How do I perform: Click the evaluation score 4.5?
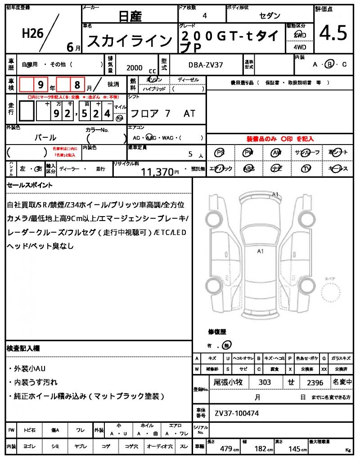coord(333,33)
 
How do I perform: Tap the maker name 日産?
coord(130,17)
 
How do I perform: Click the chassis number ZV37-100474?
coord(237,413)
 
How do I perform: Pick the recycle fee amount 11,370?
coord(157,172)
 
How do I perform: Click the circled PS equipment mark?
coord(220,153)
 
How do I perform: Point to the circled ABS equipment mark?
coord(248,168)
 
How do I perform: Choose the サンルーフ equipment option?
coord(306,153)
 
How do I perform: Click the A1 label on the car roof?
coord(260,251)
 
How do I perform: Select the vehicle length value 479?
coord(225,448)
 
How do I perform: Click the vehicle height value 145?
coord(295,448)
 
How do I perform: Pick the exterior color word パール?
coord(45,137)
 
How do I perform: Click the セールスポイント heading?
coord(30,185)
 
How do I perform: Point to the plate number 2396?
coord(315,382)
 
